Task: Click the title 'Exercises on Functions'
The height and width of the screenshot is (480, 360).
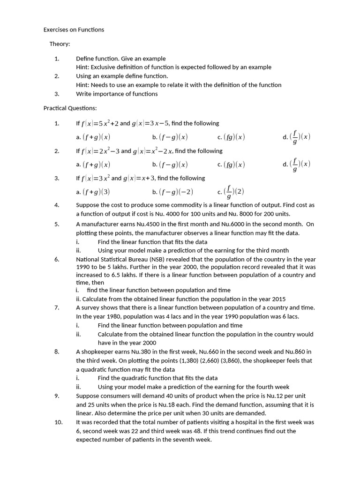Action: coord(74,30)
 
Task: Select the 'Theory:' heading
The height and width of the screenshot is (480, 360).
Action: coord(60,44)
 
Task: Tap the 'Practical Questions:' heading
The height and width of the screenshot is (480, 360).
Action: coord(70,108)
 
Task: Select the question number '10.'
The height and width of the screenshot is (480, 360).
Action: coord(58,422)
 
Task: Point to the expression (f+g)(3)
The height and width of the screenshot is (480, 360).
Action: coord(96,192)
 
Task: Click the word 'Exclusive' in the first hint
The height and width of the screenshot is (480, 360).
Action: coord(103,67)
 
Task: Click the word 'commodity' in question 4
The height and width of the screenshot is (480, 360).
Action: coord(175,205)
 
